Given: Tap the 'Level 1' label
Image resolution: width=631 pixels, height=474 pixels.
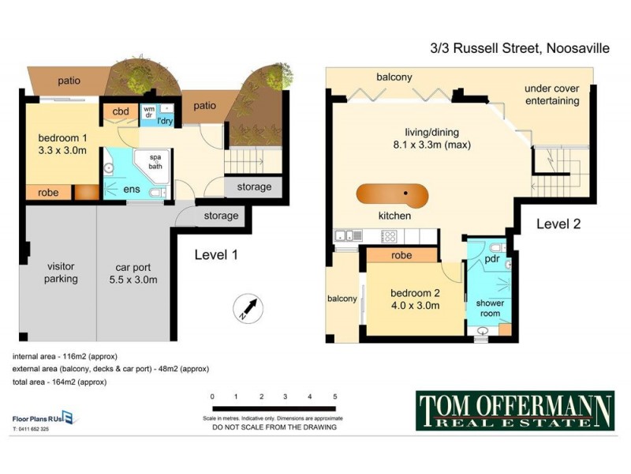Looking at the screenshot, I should pos(216,254).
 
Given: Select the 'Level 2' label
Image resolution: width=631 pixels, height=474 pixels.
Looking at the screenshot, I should pos(558,224).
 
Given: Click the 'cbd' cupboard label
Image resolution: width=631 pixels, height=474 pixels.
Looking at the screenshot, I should pos(120,111).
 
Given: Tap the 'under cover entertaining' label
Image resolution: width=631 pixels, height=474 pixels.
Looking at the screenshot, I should pos(551,95).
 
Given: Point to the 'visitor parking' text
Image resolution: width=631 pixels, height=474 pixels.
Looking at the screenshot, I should pos(61,273).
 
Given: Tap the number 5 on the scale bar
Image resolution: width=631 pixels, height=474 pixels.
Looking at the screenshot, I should pos(335,397).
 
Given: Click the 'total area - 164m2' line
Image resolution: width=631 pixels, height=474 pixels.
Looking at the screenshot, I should pos(59,382).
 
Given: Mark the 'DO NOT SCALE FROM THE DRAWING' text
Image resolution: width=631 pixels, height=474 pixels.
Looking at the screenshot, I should pos(274,427).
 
